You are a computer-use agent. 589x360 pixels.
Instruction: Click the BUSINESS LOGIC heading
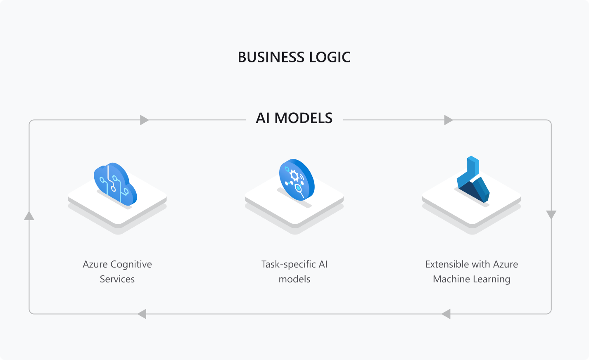tap(294, 57)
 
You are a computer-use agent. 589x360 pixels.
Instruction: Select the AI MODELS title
tap(294, 118)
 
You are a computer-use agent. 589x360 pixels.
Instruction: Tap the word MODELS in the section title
tap(304, 118)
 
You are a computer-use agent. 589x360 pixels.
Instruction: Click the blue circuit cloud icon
tap(115, 184)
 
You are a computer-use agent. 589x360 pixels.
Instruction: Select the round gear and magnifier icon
tap(297, 180)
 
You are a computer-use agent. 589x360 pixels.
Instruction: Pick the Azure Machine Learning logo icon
tap(473, 180)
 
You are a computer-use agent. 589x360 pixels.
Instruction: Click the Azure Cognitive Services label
tap(117, 272)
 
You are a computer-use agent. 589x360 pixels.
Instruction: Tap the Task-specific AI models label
tap(294, 272)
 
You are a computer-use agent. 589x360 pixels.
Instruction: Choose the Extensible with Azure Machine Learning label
tap(471, 272)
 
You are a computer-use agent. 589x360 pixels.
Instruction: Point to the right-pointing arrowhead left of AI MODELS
tap(144, 120)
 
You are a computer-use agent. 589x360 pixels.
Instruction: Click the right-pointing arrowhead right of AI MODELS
tap(448, 120)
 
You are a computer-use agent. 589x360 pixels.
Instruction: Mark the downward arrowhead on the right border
tap(551, 215)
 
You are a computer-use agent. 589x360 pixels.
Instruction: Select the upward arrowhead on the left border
tap(29, 216)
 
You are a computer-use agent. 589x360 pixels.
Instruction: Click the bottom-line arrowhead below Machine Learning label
tap(446, 314)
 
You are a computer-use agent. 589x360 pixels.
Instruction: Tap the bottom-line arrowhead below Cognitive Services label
tap(142, 314)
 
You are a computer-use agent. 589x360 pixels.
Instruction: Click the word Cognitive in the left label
tap(131, 264)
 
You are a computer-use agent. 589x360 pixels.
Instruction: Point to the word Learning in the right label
tap(492, 279)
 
